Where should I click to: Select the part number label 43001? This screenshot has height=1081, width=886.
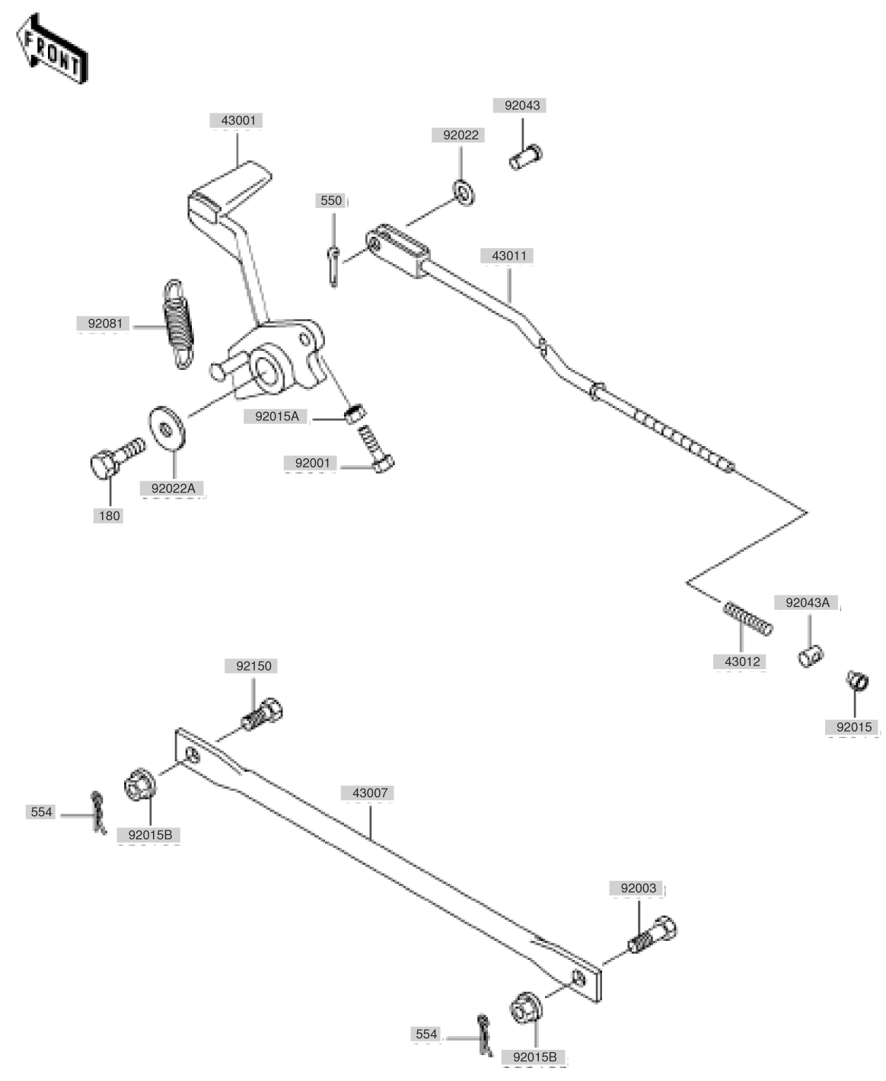coord(237,121)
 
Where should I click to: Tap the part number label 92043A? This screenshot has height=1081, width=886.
coord(807,603)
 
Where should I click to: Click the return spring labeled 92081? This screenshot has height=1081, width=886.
coord(178,324)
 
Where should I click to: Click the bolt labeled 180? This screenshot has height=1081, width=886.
coord(116,458)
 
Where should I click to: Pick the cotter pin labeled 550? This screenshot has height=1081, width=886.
coord(333,266)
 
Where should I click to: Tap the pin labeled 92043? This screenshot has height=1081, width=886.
coord(526,158)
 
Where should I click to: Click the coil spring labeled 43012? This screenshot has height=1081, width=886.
coord(747,619)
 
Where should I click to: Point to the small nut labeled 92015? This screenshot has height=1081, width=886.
coord(857,680)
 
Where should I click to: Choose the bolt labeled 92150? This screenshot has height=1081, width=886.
coord(261,714)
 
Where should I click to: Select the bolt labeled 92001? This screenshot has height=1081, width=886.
coord(375,449)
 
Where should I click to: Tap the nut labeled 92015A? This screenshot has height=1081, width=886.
coord(355,413)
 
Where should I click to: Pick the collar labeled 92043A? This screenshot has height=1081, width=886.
coord(810,656)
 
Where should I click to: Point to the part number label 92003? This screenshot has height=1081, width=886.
coord(637,888)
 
